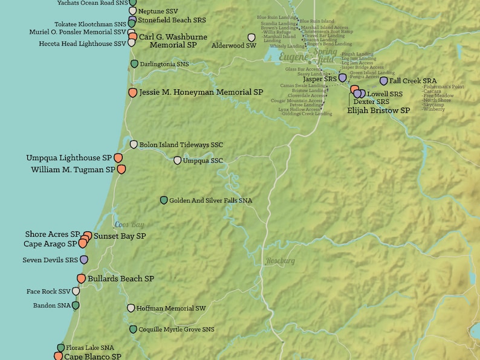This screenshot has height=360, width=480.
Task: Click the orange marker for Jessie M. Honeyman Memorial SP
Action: pyautogui.click(x=133, y=92)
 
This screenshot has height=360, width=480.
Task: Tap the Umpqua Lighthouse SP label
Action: pyautogui.click(x=68, y=158)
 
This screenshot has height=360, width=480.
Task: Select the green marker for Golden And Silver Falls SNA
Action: pyautogui.click(x=163, y=200)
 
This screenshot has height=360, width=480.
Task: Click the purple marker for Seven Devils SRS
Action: pyautogui.click(x=84, y=260)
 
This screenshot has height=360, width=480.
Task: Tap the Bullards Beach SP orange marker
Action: pyautogui.click(x=81, y=278)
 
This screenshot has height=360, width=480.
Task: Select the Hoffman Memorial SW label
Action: pyautogui.click(x=171, y=308)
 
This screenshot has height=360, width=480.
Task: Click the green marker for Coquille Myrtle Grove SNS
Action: pyautogui.click(x=134, y=329)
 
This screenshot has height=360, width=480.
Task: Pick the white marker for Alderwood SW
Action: pyautogui.click(x=251, y=37)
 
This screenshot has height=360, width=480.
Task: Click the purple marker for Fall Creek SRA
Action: pyautogui.click(x=383, y=80)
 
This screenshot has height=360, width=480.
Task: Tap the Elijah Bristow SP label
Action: pyautogui.click(x=378, y=111)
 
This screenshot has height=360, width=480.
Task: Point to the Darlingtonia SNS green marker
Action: pyautogui.click(x=134, y=63)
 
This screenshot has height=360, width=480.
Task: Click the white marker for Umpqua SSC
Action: pyautogui.click(x=177, y=161)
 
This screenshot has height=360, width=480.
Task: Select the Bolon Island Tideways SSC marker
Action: pyautogui.click(x=134, y=144)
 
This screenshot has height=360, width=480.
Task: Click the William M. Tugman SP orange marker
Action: pyautogui.click(x=121, y=170)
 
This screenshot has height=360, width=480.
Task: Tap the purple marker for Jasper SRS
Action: pyautogui.click(x=342, y=78)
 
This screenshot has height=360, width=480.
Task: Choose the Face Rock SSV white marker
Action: pyautogui.click(x=76, y=291)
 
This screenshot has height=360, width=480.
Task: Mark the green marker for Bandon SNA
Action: pyautogui.click(x=76, y=306)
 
